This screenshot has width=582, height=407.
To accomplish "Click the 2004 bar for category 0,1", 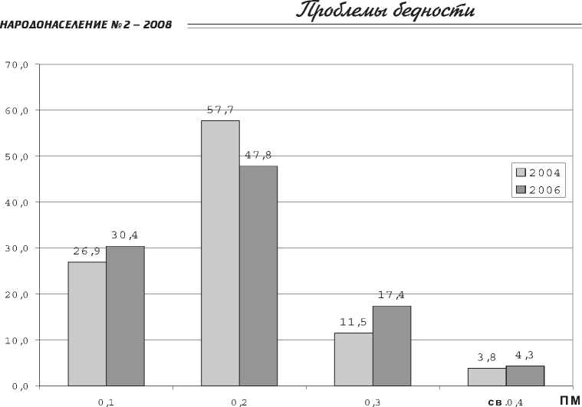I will click(x=87, y=323).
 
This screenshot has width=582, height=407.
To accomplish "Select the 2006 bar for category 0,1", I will click(x=125, y=316).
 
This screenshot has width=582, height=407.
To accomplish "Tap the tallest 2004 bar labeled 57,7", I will click(x=220, y=253).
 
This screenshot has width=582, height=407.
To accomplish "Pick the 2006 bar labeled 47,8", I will click(x=258, y=275).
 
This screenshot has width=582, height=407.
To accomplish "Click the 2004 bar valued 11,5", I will click(x=353, y=359).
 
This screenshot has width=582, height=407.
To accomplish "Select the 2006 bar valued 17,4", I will click(x=392, y=346).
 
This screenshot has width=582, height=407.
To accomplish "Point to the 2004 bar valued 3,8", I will click(x=487, y=376).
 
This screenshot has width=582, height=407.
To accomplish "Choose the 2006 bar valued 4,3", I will click(x=525, y=376).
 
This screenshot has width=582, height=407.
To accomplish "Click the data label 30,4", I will click(x=126, y=235).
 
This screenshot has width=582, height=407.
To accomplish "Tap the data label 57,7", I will click(x=221, y=110).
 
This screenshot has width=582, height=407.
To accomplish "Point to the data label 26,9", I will click(x=86, y=251).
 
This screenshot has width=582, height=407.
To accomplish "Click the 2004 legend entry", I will click(x=539, y=172).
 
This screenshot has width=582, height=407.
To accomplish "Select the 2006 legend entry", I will click(x=539, y=189).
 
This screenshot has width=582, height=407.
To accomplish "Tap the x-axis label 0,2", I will click(x=239, y=401).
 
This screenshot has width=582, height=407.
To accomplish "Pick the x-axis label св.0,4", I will click(x=505, y=401).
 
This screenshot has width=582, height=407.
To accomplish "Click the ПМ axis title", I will click(x=570, y=399).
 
